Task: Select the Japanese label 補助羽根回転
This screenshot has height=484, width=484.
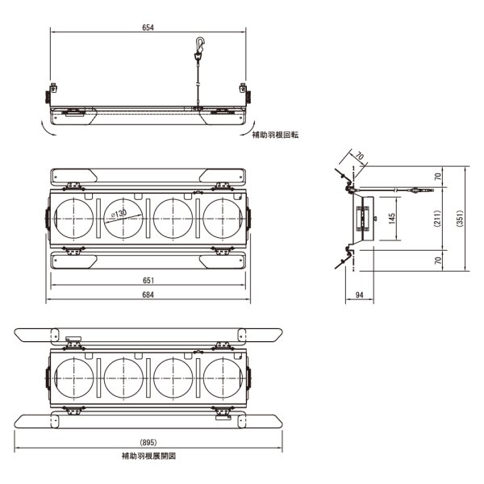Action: [x=274, y=136]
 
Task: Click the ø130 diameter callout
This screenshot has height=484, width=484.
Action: [x=118, y=213]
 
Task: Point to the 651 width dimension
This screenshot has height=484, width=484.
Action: [x=148, y=280]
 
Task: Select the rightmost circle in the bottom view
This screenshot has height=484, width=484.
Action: [x=224, y=376]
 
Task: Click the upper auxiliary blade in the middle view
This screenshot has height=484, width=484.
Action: [x=148, y=176]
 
